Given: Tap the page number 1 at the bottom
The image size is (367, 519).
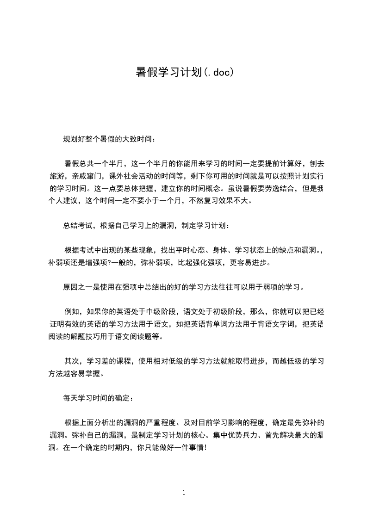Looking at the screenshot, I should tap(184, 493).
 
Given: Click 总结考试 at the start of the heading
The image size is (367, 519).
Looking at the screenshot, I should tap(78, 226).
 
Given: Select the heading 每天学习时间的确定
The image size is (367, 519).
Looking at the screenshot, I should tap(99, 397).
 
